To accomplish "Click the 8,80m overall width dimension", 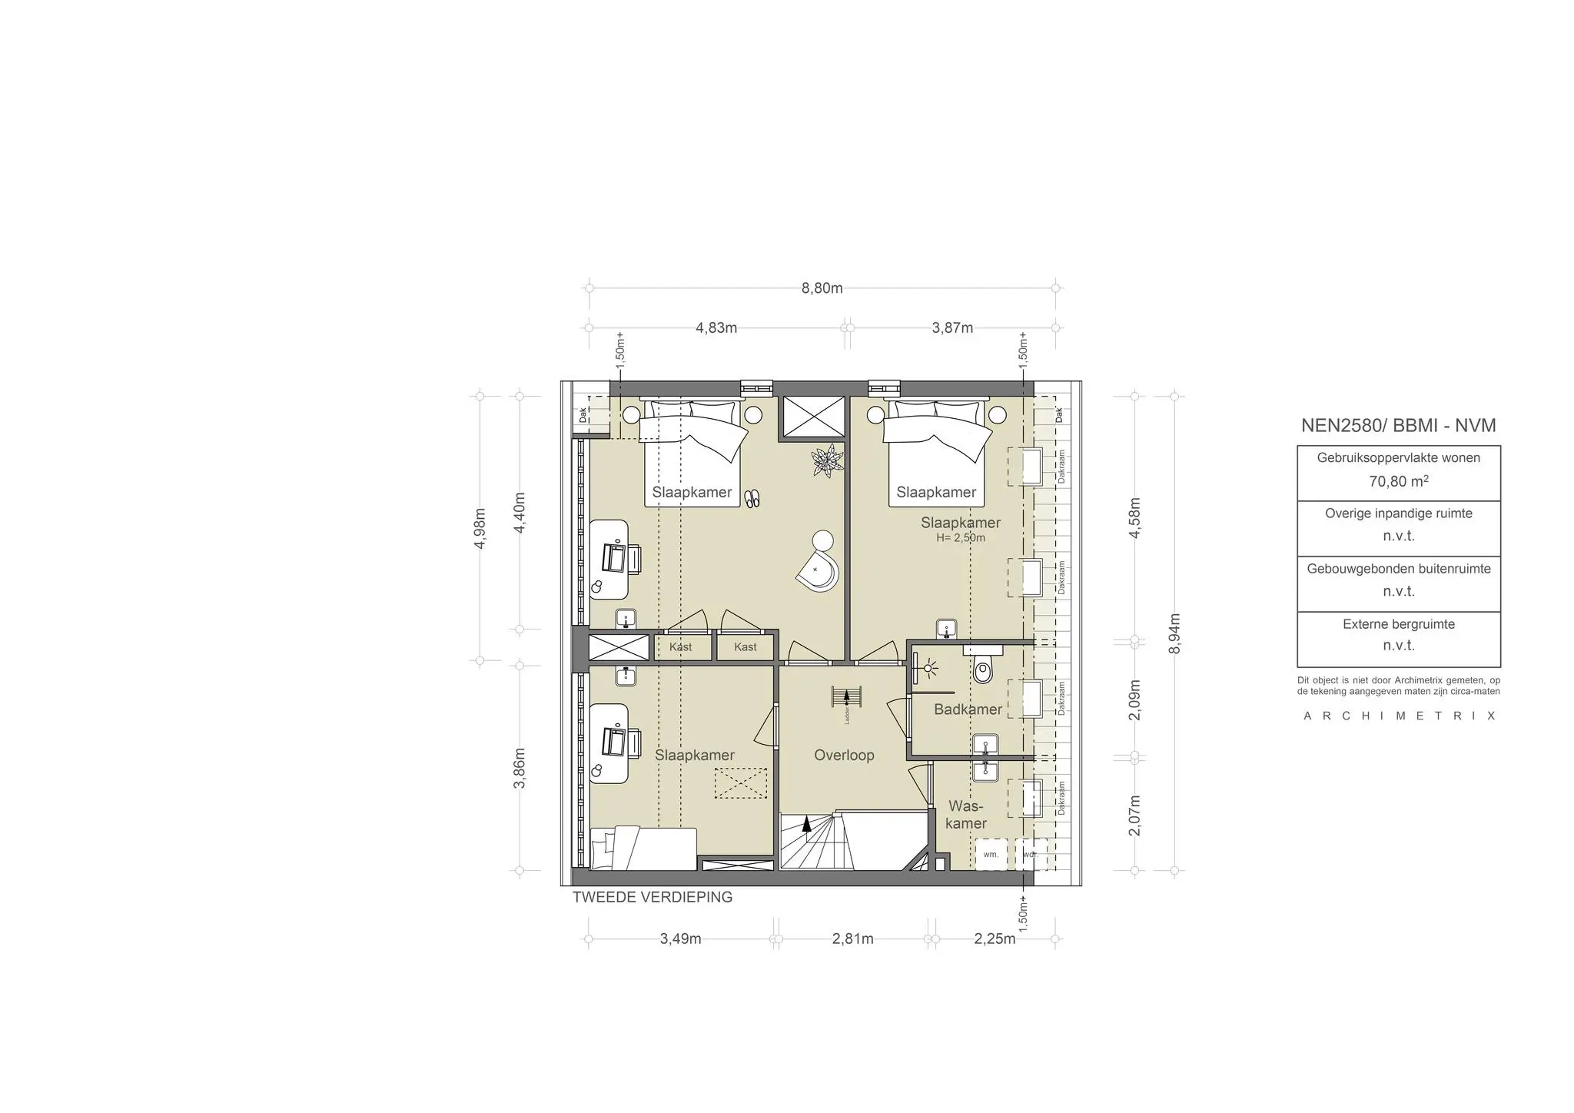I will tap(822, 288).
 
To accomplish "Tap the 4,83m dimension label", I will tap(716, 328).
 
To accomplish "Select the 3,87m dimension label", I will tap(952, 328).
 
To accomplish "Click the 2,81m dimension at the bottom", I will tap(852, 939).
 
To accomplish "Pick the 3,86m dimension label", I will tap(520, 767).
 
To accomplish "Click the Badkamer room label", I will tap(968, 709).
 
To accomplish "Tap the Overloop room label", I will tap(844, 755).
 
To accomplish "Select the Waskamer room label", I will tap(966, 815).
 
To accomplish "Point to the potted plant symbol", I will tap(828, 461).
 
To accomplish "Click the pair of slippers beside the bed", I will tap(752, 499).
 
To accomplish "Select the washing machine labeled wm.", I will tap(991, 854).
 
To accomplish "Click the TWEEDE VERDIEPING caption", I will tap(652, 897).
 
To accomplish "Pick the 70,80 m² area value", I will tap(1398, 482).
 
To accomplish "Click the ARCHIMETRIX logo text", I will tap(1398, 716).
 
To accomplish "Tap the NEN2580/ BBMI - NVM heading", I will tap(1398, 425).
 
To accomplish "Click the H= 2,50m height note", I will tap(960, 538).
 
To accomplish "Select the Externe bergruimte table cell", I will tap(1398, 635).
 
